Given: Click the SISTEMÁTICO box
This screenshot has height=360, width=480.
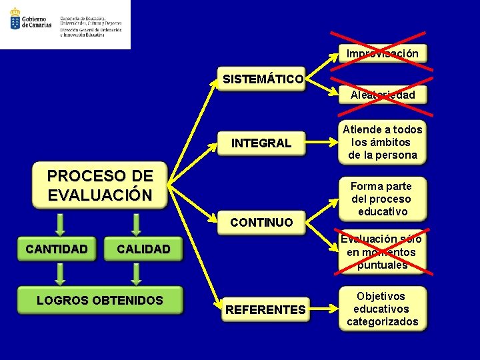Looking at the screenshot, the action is [263, 79].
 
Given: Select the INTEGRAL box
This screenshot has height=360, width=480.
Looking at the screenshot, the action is [261, 143].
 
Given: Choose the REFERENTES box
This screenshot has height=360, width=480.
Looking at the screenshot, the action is [265, 309].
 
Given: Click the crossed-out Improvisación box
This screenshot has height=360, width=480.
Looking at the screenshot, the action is [382, 53].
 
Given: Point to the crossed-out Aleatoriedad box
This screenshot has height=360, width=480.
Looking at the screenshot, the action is [382, 95].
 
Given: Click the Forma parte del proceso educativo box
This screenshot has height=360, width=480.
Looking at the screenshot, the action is [382, 199].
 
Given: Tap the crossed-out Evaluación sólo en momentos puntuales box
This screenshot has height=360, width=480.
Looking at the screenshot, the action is [382, 252].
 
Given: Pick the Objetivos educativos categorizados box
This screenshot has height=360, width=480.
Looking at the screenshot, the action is [382, 309].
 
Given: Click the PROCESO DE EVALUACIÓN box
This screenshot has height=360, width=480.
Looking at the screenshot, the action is [100, 185].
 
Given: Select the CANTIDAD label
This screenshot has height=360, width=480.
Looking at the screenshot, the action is [57, 249].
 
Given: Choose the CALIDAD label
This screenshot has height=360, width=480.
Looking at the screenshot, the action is [143, 249].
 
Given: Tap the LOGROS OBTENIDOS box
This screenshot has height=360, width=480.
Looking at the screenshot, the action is [100, 301].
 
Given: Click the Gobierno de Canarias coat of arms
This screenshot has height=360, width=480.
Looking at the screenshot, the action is [15, 19].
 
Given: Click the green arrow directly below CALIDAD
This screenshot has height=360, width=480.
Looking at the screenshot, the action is [137, 273].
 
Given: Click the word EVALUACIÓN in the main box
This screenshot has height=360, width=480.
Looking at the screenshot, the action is [100, 195].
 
